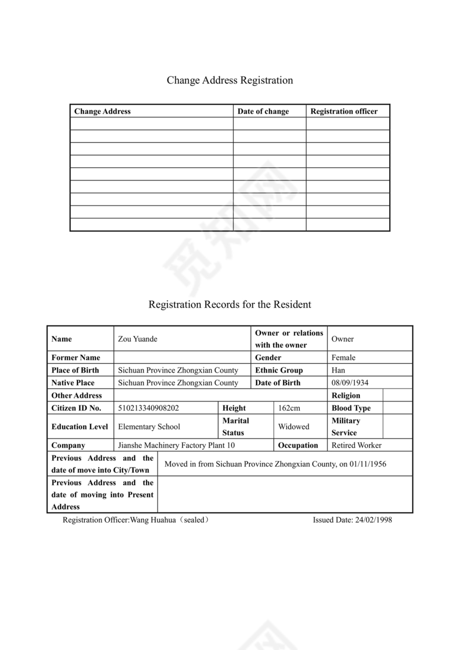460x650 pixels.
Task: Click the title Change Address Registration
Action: (229, 80)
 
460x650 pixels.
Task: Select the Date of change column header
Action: (263, 111)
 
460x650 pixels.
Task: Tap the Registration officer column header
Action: (344, 111)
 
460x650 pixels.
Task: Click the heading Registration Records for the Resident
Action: (229, 305)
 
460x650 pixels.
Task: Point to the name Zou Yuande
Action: (137, 339)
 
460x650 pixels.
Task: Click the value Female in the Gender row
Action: (343, 358)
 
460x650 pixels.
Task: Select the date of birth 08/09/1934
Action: (350, 383)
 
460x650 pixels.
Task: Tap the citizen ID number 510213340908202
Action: (148, 408)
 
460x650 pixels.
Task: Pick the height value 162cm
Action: (289, 408)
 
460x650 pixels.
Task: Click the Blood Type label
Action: (351, 408)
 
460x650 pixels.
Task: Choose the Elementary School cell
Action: (149, 427)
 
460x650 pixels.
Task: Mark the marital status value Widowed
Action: (293, 427)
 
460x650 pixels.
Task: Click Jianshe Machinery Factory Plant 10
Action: (176, 445)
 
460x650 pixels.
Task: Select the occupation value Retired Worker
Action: (356, 445)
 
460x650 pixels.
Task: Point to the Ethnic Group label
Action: (279, 370)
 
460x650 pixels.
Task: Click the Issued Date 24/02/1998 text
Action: (352, 520)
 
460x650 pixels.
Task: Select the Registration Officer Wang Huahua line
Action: (136, 520)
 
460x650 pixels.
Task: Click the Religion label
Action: (345, 395)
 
